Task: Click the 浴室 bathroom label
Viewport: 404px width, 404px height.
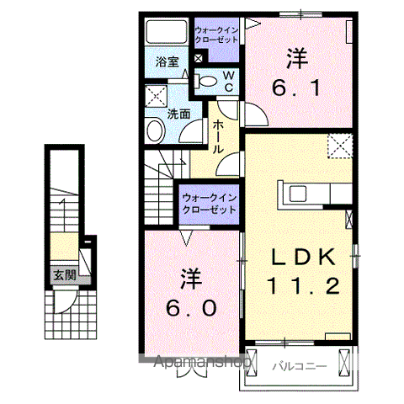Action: coord(167,61)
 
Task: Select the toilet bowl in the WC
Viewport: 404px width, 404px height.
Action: coord(208,82)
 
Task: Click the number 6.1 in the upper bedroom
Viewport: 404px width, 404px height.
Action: coord(295,86)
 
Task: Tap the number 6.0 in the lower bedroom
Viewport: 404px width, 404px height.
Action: coord(192,308)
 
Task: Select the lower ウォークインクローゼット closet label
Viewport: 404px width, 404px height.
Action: coord(209,203)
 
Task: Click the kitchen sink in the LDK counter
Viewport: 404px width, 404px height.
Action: coord(300,194)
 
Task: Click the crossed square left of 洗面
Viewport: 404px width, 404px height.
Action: coord(154,95)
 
